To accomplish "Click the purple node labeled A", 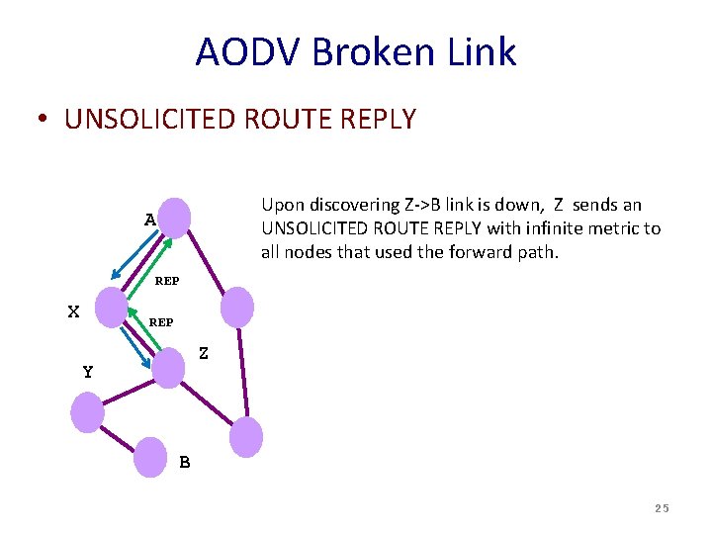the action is (174, 217).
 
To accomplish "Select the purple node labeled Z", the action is (169, 368).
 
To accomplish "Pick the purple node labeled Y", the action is (87, 411).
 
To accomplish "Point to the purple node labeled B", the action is (150, 456).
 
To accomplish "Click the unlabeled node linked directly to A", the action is (237, 306).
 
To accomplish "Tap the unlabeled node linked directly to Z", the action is (246, 436).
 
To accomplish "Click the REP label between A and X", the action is (167, 281).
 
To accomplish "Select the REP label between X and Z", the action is (160, 322).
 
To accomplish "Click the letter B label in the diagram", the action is (185, 462).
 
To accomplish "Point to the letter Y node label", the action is (88, 373).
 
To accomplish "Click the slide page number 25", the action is (662, 508).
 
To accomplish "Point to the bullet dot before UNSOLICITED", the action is (44, 121).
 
